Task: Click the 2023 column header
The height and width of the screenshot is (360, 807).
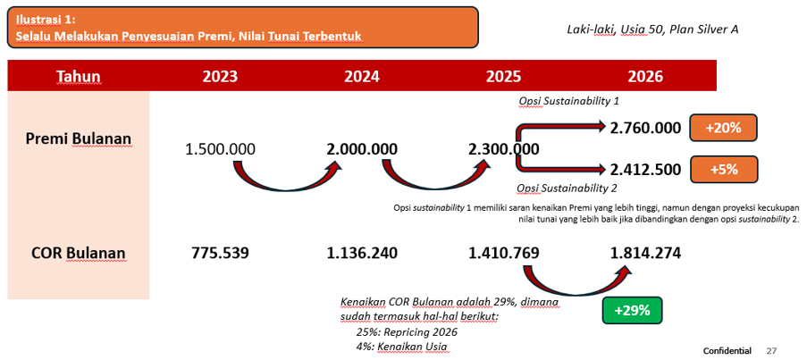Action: click(x=220, y=77)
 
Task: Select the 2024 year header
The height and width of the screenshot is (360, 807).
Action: click(x=362, y=77)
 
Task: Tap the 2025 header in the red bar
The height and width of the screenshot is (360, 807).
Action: click(x=504, y=77)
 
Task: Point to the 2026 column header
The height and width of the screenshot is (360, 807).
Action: click(x=645, y=77)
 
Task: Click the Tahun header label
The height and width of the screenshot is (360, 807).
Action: click(x=79, y=77)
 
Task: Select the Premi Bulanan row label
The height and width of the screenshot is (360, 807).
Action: click(x=79, y=138)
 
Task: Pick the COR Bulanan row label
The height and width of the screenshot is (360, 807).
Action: click(x=79, y=254)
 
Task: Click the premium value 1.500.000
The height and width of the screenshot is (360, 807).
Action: click(x=220, y=150)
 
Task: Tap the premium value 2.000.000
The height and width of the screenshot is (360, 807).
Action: click(x=362, y=150)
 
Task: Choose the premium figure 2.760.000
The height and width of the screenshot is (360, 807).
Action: click(x=646, y=128)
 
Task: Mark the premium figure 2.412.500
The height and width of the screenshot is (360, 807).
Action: click(x=646, y=169)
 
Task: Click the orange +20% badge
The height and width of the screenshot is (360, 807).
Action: click(x=724, y=128)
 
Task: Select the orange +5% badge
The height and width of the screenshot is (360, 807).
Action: click(x=724, y=169)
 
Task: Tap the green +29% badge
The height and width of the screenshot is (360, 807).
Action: click(x=632, y=311)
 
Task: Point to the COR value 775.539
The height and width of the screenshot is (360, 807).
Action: click(x=220, y=254)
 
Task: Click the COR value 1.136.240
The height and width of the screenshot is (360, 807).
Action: click(x=362, y=254)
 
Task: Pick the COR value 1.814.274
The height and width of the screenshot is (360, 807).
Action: click(x=645, y=254)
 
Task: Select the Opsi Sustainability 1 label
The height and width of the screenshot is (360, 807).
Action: click(x=568, y=101)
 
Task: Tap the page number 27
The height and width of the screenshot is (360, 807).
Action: click(x=771, y=351)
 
